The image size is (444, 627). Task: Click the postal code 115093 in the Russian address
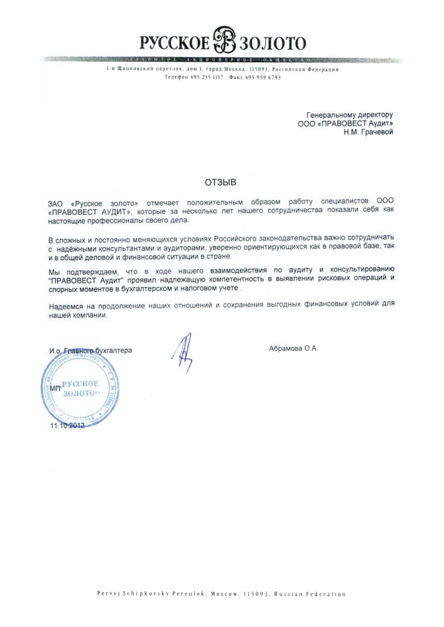tap(261, 69)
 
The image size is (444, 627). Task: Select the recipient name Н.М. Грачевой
tap(368, 132)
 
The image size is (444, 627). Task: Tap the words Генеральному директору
tap(349, 115)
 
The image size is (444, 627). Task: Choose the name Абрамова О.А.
tap(293, 349)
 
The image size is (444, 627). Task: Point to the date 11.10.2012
tap(67, 426)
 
